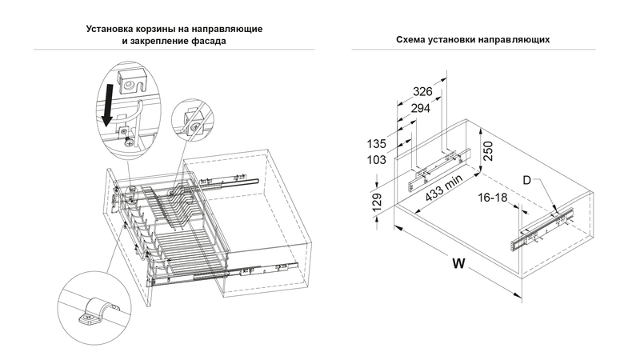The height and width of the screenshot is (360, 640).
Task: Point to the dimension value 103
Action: tap(378, 160)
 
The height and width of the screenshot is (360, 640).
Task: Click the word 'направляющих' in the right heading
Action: tap(519, 39)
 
